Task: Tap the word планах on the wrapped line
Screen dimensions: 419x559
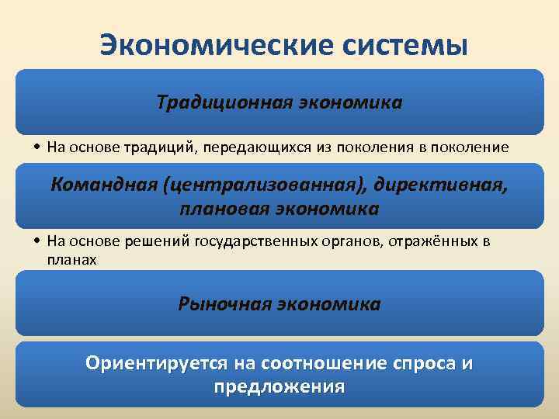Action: (x=71, y=260)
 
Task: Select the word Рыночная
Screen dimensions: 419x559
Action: (x=225, y=303)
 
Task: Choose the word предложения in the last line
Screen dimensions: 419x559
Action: (x=279, y=386)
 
